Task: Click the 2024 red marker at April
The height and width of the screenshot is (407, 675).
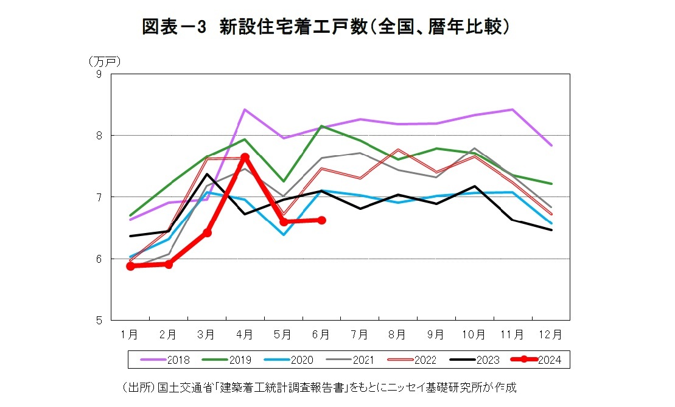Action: click(245, 158)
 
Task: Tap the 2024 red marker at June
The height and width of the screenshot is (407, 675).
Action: click(321, 220)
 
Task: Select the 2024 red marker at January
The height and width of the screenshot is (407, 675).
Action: click(130, 266)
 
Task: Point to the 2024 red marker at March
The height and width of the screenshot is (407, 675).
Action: click(207, 232)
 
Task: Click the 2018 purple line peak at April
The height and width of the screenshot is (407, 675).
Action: click(245, 110)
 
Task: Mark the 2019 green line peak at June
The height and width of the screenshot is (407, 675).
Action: click(321, 126)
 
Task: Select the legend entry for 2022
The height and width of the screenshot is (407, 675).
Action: click(412, 360)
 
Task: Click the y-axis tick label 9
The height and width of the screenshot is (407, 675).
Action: click(98, 74)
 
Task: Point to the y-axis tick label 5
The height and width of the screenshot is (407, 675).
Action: click(98, 321)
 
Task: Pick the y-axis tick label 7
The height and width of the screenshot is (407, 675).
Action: click(98, 197)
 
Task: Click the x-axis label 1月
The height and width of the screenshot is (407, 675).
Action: click(129, 334)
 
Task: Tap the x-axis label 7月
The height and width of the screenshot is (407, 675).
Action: click(359, 334)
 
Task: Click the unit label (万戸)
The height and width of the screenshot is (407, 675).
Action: click(105, 61)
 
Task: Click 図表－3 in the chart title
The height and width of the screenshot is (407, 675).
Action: click(175, 27)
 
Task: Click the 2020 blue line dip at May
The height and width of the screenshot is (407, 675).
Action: click(283, 234)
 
